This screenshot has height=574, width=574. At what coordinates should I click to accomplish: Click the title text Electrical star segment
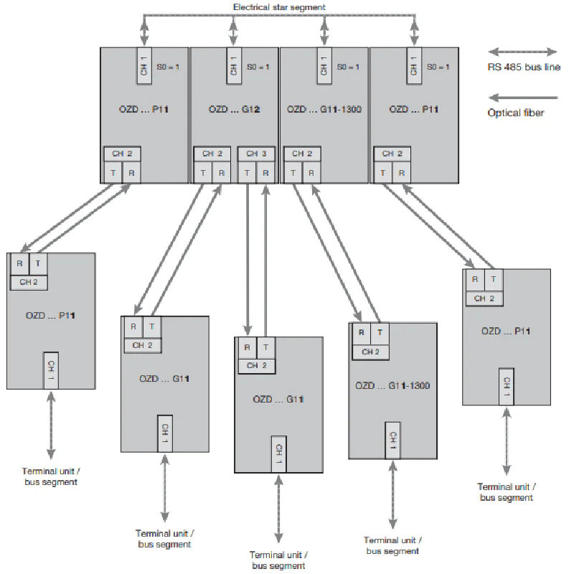pyautogui.click(x=279, y=6)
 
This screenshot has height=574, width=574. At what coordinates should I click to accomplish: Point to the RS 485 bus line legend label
pyautogui.click(x=523, y=67)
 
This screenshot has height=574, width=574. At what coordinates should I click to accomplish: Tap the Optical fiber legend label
pyautogui.click(x=514, y=113)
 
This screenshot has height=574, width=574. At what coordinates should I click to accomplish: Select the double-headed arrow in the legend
pyautogui.click(x=522, y=52)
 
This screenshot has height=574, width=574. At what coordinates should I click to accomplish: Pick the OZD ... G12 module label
pyautogui.click(x=233, y=110)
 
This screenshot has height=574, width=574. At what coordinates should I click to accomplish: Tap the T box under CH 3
pyautogui.click(x=247, y=172)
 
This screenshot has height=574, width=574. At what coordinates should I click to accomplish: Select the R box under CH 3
pyautogui.click(x=265, y=172)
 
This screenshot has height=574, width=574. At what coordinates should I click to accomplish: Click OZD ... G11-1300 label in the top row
pyautogui.click(x=323, y=110)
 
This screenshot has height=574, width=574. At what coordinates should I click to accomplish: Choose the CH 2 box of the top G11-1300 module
pyautogui.click(x=302, y=154)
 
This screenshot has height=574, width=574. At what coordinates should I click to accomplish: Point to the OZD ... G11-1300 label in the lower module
pyautogui.click(x=392, y=385)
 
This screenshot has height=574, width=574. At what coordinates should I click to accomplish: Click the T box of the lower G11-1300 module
pyautogui.click(x=380, y=333)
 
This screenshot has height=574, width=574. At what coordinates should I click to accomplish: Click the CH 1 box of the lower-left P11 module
pyautogui.click(x=51, y=370)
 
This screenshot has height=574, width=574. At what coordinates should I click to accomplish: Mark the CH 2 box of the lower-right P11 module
pyautogui.click(x=484, y=298)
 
